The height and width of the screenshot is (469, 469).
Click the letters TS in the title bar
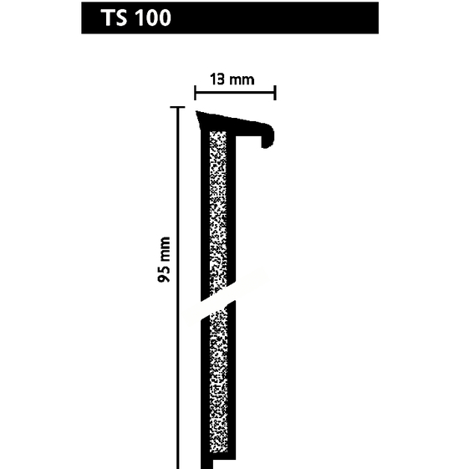coord(114,18)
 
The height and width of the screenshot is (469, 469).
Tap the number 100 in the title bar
coord(153,18)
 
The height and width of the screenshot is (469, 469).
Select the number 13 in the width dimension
coord(217,79)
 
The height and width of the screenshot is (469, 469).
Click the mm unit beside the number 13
coord(242,80)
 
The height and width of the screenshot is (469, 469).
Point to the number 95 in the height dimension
coord(164,273)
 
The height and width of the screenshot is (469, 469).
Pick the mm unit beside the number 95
coord(165,248)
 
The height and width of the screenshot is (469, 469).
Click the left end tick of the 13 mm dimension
coord(195,93)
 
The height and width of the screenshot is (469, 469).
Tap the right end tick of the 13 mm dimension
coord(275,93)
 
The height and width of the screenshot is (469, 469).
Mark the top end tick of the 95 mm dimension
coord(177,107)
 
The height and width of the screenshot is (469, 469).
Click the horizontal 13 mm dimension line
coord(235,93)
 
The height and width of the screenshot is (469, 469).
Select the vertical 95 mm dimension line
coord(178,288)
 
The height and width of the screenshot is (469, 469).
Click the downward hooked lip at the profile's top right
coord(268,137)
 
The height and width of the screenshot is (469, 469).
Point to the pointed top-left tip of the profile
coord(196,111)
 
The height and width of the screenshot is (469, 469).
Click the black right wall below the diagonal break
coord(232,380)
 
